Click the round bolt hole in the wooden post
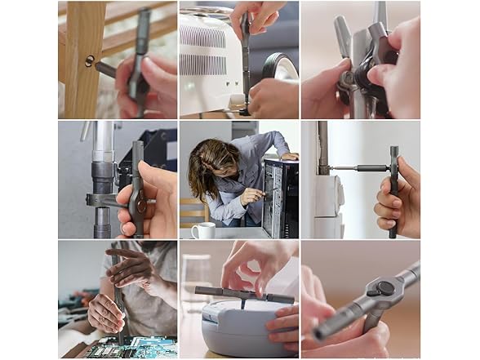coord(89,60)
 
